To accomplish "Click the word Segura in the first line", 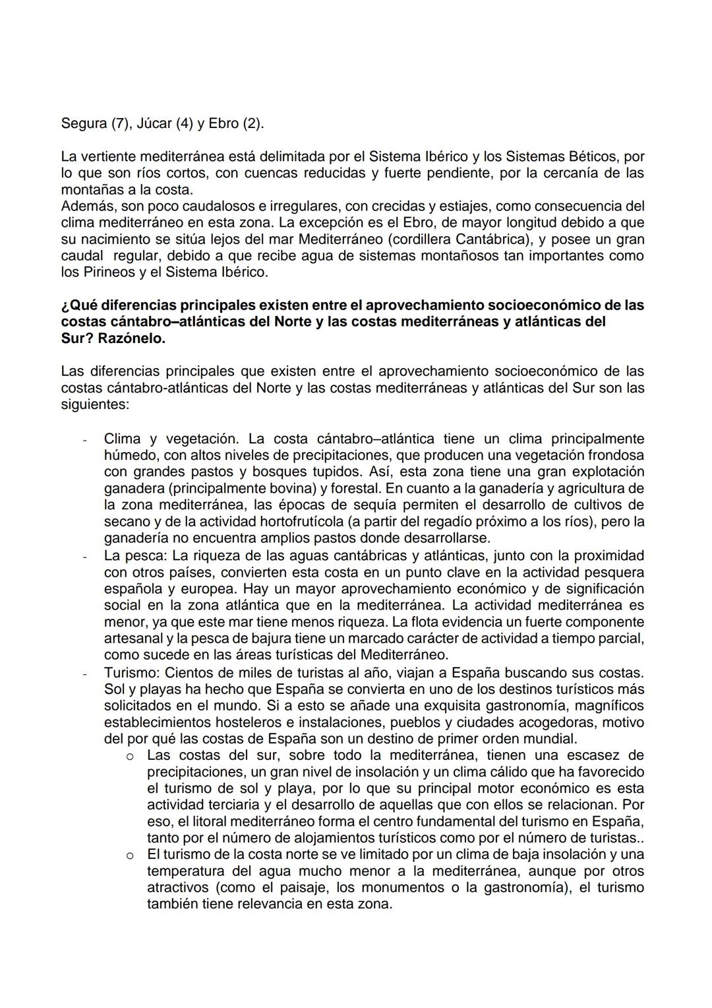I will pyautogui.click(x=83, y=123).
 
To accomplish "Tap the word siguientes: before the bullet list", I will pyautogui.click(x=94, y=404).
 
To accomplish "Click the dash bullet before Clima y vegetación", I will pyautogui.click(x=84, y=439).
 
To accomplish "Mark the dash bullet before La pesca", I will pyautogui.click(x=84, y=556).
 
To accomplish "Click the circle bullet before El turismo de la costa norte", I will pyautogui.click(x=131, y=855).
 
